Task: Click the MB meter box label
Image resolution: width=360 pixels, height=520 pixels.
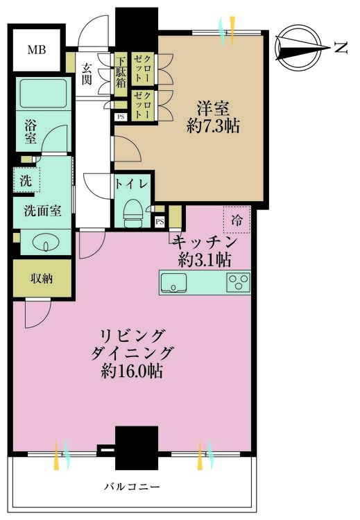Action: point(37,50)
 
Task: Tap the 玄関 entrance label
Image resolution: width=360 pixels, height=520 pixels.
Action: point(87,73)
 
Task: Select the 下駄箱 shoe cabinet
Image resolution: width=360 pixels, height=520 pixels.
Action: point(121,74)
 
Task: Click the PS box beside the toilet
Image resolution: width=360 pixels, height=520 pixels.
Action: point(160,222)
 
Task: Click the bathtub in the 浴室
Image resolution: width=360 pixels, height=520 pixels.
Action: point(43,94)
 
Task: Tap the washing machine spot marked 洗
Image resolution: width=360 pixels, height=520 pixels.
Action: point(26,180)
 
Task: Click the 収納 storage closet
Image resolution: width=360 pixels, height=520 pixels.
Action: point(42,279)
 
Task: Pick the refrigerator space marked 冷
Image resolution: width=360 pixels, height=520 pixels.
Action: point(237,220)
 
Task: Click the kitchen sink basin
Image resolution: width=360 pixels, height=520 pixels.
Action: point(173,283)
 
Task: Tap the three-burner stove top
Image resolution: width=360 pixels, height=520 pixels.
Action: point(238,282)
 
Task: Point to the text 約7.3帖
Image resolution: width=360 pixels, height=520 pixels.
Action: point(213,126)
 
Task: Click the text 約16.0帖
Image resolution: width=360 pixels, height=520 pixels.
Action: point(132,372)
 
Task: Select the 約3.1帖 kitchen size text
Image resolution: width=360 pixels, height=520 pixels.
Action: point(204,260)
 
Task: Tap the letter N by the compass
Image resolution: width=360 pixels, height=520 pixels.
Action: point(341,48)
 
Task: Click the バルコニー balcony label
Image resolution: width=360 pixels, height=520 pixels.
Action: point(132,487)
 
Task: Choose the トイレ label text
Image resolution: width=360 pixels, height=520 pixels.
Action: point(130,184)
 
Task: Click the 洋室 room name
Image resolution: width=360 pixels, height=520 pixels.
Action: point(213,109)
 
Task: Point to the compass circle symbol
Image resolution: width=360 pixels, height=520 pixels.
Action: point(299,48)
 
